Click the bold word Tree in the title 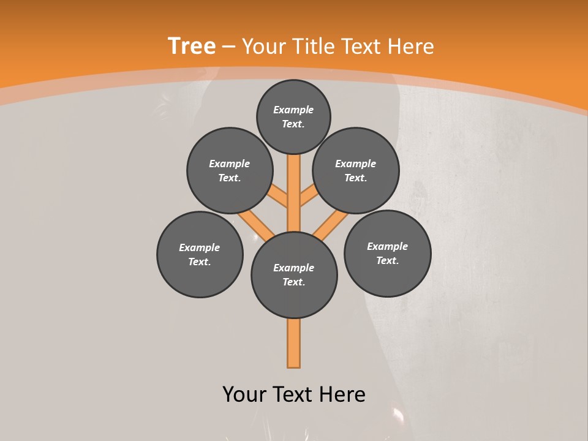(x=192, y=46)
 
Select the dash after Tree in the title (x=228, y=47)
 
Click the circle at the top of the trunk (x=293, y=116)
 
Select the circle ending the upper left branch (x=229, y=170)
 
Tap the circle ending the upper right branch (x=356, y=170)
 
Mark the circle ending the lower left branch (x=200, y=254)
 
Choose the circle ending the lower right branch (x=387, y=253)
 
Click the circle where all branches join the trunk (x=294, y=274)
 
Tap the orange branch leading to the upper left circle (x=279, y=197)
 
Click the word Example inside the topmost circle (x=293, y=110)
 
